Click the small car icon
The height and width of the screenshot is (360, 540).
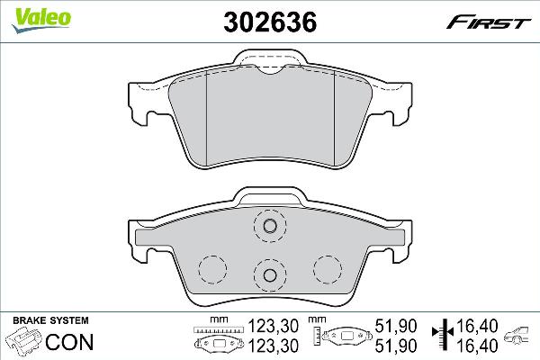(x=520, y=338)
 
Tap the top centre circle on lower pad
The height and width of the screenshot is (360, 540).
(x=267, y=228)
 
